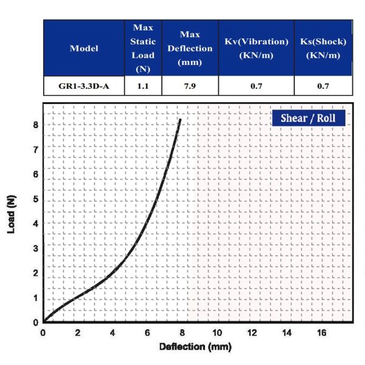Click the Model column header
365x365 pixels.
[84, 48]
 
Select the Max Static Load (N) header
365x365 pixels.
[143, 48]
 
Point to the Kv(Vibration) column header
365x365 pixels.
[256, 48]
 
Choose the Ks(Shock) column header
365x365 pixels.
[323, 48]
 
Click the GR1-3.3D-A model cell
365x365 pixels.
[84, 86]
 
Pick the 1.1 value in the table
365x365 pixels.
[143, 86]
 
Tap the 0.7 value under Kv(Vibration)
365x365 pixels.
[256, 86]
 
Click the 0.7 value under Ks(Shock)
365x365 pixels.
[323, 86]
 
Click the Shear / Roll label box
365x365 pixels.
[308, 117]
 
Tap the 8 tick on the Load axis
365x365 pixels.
[36, 125]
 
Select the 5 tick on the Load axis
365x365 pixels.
[36, 199]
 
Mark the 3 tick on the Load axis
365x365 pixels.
[36, 248]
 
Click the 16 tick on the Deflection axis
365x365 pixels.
[322, 333]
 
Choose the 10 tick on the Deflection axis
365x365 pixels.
[217, 333]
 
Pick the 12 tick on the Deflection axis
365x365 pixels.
[252, 333]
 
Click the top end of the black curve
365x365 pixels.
[180, 120]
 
